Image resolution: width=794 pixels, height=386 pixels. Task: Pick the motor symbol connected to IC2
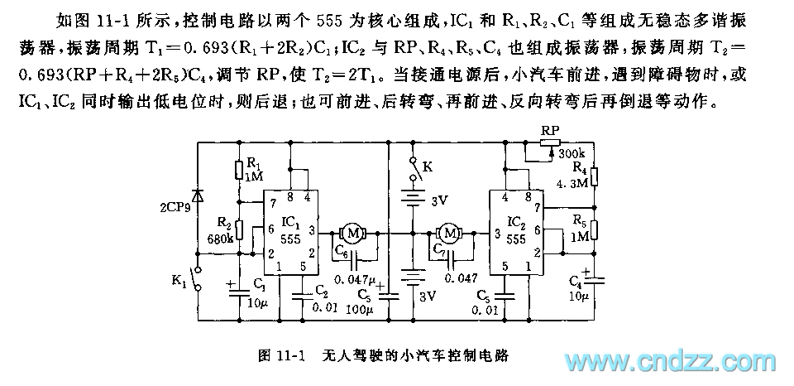449,234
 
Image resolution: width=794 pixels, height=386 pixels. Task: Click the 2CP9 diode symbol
197,195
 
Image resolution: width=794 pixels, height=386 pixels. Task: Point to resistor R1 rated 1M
238,170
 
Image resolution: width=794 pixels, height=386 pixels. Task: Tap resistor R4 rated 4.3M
594,176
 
